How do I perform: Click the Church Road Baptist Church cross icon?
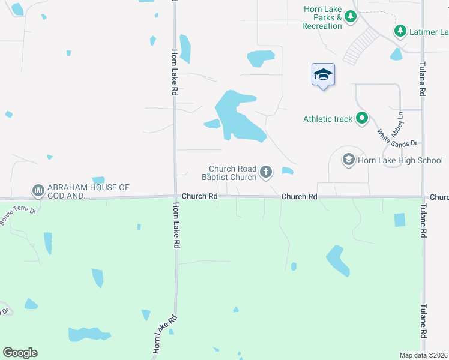click(x=266, y=173)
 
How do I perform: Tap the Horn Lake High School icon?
click(x=348, y=160)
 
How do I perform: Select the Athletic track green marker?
click(x=362, y=118)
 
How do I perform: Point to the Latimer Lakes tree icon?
click(x=400, y=30)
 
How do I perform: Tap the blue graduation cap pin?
click(x=323, y=75)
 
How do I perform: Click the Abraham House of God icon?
click(x=38, y=191)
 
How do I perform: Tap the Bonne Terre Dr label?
click(x=18, y=217)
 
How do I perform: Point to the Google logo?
click(x=20, y=353)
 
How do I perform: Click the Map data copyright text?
click(x=423, y=355)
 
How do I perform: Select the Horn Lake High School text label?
click(x=400, y=160)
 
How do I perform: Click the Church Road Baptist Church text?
click(x=232, y=173)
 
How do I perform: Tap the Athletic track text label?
click(x=328, y=119)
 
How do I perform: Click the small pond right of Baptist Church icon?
click(x=287, y=171)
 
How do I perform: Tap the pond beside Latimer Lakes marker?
click(x=396, y=55)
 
